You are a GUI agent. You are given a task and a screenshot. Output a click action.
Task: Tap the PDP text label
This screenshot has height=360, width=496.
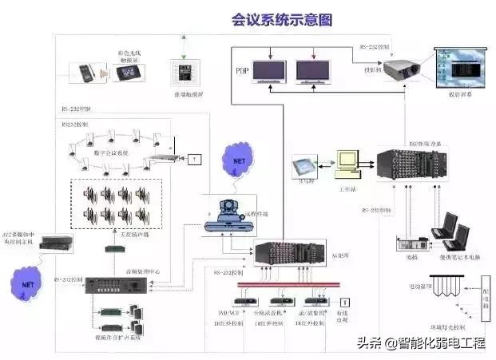pyautogui.click(x=242, y=72)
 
